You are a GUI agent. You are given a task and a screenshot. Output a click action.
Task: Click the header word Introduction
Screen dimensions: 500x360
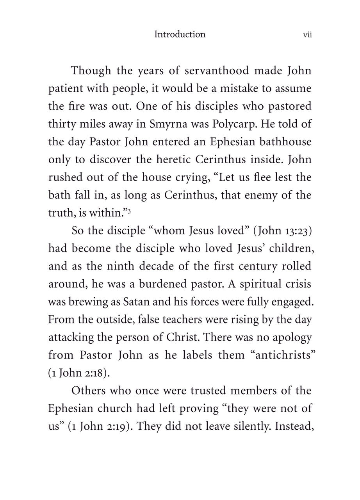tap(180, 34)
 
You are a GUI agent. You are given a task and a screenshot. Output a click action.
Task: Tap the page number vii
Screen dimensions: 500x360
tap(307, 35)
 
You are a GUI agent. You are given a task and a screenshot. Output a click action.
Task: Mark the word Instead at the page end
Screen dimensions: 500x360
tap(293, 426)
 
